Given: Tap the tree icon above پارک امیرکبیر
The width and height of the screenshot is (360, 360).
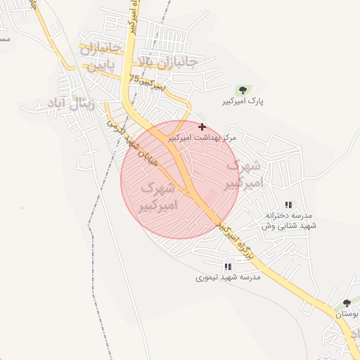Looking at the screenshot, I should (x=243, y=90).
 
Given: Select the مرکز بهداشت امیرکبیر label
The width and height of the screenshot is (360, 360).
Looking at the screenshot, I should (x=202, y=139).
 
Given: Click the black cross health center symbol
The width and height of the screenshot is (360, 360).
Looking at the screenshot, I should (x=202, y=127).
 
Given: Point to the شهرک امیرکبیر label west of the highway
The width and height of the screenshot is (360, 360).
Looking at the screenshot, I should (x=160, y=197).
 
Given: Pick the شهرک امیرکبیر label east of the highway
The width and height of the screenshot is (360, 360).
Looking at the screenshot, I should (x=243, y=175).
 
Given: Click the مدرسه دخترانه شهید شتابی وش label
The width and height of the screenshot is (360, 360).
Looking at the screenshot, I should (x=289, y=220).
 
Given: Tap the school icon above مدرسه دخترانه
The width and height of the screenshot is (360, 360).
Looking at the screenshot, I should (x=288, y=205).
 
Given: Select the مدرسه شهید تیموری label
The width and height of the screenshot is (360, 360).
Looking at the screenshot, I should (x=228, y=278).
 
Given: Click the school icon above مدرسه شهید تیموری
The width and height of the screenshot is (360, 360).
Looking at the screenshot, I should (x=227, y=266).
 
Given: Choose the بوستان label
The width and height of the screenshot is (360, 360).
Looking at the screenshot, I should (x=347, y=314).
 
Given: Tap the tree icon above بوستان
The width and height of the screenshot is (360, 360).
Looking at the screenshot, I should (x=346, y=304).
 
